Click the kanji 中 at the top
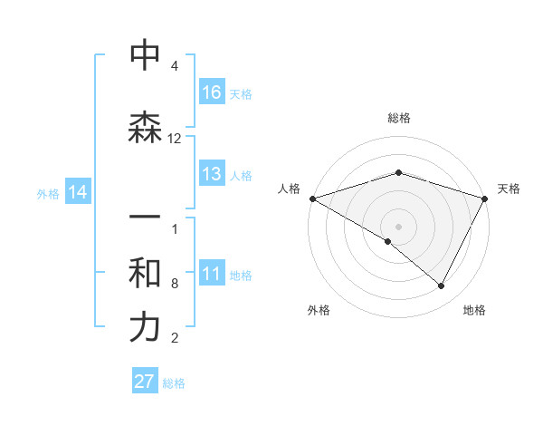pyautogui.click(x=145, y=55)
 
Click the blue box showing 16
pyautogui.click(x=212, y=92)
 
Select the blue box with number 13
pyautogui.click(x=212, y=175)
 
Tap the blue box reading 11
pyautogui.click(x=212, y=275)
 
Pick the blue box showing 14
pyautogui.click(x=77, y=192)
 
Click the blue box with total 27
pyautogui.click(x=145, y=382)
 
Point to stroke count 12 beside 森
pyautogui.click(x=175, y=139)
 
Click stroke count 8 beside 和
pyautogui.click(x=175, y=284)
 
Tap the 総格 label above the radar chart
pyautogui.click(x=398, y=118)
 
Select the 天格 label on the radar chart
pyautogui.click(x=509, y=189)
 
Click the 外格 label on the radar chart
pyautogui.click(x=319, y=311)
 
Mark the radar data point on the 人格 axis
pyautogui.click(x=312, y=198)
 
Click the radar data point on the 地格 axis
pyautogui.click(x=441, y=286)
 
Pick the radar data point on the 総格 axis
pyautogui.click(x=398, y=172)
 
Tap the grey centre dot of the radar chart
pyautogui.click(x=398, y=226)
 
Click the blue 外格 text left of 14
pyautogui.click(x=48, y=193)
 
